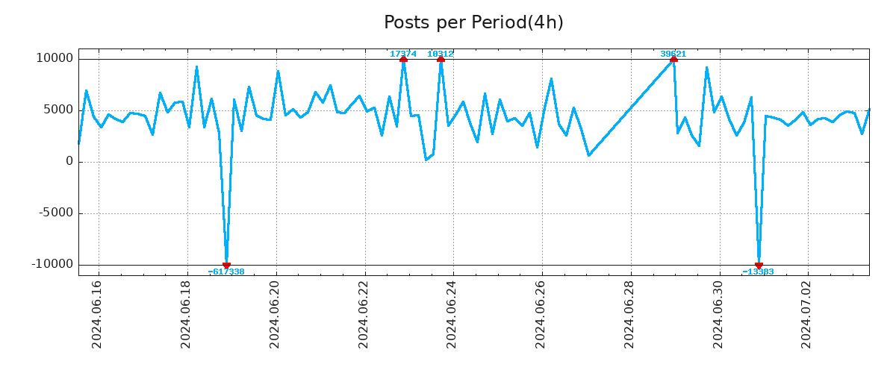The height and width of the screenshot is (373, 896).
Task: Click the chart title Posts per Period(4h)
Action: pyautogui.click(x=473, y=22)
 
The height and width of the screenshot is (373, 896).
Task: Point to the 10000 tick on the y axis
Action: pyautogui.click(x=55, y=58)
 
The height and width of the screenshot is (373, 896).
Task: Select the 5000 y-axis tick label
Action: pyautogui.click(x=58, y=110)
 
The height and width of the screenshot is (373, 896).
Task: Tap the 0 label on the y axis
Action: pyautogui.click(x=69, y=161)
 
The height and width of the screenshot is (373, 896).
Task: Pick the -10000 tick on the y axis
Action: pyautogui.click(x=53, y=264)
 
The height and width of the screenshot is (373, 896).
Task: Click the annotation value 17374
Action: pyautogui.click(x=403, y=54)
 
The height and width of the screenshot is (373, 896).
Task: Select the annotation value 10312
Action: pyautogui.click(x=441, y=54)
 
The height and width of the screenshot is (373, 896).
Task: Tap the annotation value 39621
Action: pyautogui.click(x=673, y=54)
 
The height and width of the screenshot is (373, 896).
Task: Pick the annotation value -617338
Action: pyautogui.click(x=226, y=272)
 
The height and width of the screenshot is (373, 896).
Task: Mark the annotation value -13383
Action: pyautogui.click(x=758, y=272)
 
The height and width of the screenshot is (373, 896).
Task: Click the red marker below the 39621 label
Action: pyautogui.click(x=673, y=59)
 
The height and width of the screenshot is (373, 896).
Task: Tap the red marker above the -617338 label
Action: pyautogui.click(x=226, y=265)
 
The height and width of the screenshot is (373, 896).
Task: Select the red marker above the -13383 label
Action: pyautogui.click(x=759, y=265)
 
